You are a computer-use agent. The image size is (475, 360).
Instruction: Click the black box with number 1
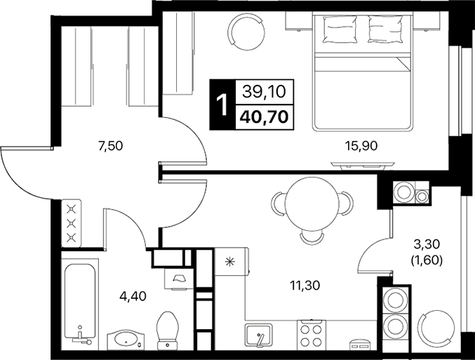[222, 104]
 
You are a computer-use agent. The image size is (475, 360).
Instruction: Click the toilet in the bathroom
[168, 329]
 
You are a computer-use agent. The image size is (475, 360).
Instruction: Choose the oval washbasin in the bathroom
[127, 340]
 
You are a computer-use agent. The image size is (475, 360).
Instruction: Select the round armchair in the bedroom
[247, 29]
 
